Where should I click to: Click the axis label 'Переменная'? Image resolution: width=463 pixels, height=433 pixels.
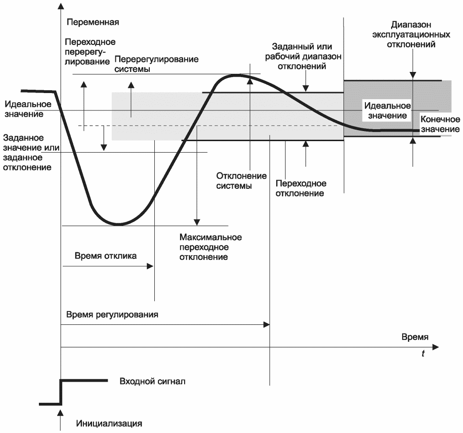[x=93, y=22]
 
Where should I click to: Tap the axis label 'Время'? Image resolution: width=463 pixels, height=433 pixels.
[x=415, y=337]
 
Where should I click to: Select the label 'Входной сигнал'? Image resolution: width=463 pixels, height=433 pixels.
[x=153, y=381]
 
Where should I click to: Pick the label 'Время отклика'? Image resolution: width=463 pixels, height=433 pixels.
[x=105, y=256]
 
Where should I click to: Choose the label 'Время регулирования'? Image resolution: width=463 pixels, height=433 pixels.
[x=112, y=315]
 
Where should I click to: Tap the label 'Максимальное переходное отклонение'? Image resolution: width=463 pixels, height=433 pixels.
[x=210, y=247]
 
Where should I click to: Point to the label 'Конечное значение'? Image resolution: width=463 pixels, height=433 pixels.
[x=440, y=124]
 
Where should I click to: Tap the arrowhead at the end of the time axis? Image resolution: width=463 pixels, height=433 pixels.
[x=436, y=347]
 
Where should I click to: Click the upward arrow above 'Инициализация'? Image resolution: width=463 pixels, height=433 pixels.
[x=60, y=413]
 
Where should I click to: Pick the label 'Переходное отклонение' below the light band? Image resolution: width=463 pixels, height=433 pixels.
[x=301, y=188]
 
